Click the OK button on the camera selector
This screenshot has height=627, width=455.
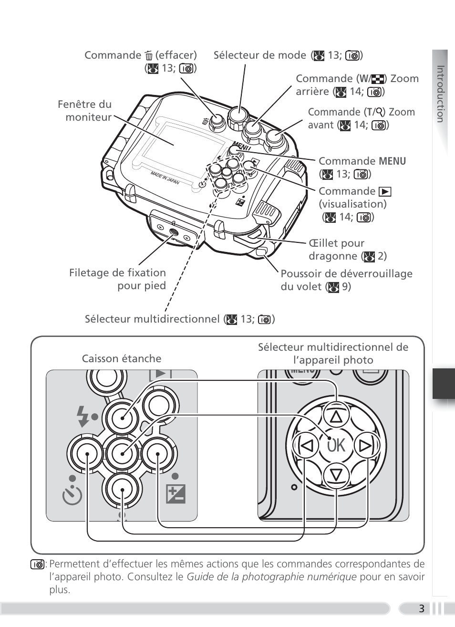[x=336, y=446]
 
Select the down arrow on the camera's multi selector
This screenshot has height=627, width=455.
[x=336, y=475]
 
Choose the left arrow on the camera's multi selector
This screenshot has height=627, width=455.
[x=307, y=446]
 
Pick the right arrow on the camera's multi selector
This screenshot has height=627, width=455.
[x=365, y=446]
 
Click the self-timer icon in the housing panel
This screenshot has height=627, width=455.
[x=72, y=495]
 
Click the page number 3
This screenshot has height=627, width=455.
[x=421, y=608]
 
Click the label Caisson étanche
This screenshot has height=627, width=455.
[x=122, y=358]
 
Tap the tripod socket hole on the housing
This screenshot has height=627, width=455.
[x=173, y=233]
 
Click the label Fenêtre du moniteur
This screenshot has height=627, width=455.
[x=85, y=111]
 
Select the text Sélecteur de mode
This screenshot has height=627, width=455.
[x=259, y=55]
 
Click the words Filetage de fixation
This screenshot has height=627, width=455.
[x=117, y=273]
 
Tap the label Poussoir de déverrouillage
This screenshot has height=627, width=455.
[x=346, y=274]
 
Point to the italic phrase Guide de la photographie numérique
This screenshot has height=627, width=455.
[x=271, y=576]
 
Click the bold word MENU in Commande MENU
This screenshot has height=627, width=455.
[x=393, y=161]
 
